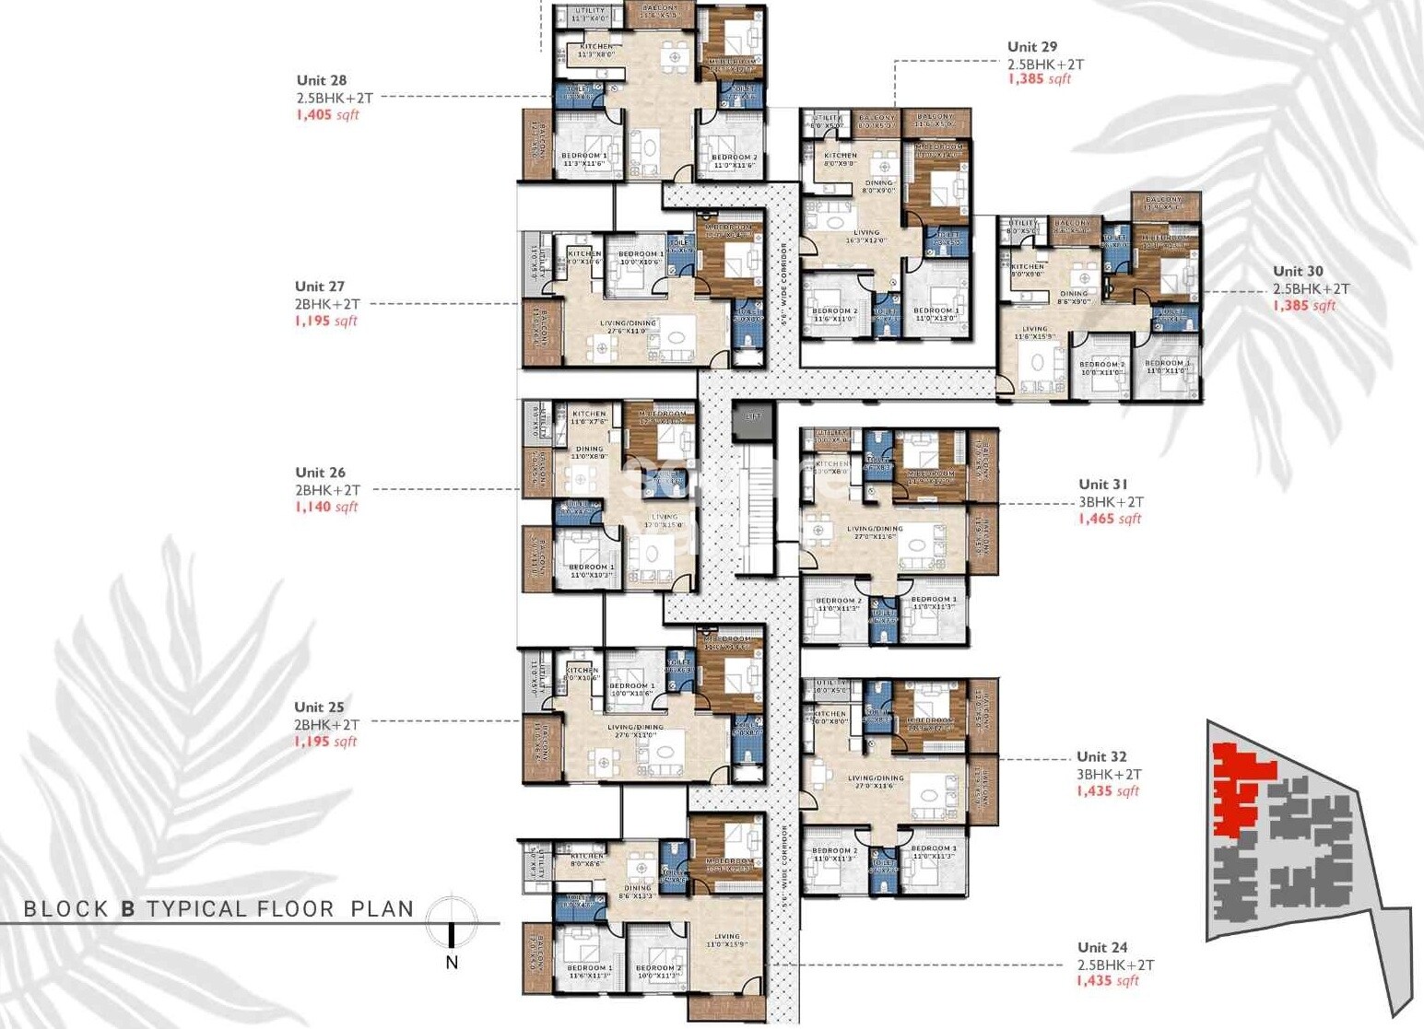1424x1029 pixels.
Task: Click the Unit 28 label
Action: tap(322, 80)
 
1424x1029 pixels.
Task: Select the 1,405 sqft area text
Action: tap(327, 115)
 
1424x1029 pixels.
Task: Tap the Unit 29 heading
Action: tap(1032, 46)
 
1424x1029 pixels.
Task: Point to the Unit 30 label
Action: tap(1298, 271)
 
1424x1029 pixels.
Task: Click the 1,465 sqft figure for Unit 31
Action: tap(1110, 519)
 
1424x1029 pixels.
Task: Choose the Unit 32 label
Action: tap(1101, 756)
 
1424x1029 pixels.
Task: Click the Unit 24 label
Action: tap(1102, 947)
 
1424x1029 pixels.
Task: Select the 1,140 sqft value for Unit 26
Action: tap(326, 507)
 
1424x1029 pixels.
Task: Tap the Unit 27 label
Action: tap(320, 286)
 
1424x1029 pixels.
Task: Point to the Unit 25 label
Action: tap(319, 707)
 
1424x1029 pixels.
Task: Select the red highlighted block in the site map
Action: tap(1239, 783)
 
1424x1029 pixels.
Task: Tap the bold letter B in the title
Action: tap(128, 909)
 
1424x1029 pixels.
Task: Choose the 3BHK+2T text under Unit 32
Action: tap(1109, 775)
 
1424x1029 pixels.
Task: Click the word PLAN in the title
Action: tap(382, 909)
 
